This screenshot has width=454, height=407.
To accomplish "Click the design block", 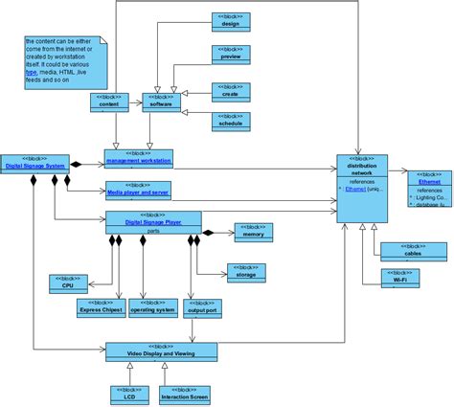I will tap(230, 23).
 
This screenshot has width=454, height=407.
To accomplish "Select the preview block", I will tap(230, 56).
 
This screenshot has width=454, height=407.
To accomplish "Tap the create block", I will tap(230, 91).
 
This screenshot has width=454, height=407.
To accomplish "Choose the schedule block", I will tap(230, 120).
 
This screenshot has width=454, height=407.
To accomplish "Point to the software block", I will tap(162, 102).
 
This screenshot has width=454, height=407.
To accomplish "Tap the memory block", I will tap(253, 230).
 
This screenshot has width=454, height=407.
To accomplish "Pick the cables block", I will tap(413, 251).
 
